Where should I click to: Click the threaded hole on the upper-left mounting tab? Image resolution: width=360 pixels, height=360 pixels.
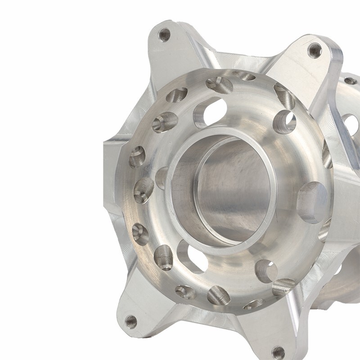point(165,34)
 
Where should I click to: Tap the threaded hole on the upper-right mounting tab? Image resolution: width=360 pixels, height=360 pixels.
point(315,50)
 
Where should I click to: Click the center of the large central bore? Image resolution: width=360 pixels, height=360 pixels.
point(229,189)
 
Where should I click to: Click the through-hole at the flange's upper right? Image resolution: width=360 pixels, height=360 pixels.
point(284,122)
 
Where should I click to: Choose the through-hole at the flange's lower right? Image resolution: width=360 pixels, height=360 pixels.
point(266,270)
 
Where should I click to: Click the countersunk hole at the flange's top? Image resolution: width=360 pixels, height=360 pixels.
point(219,85)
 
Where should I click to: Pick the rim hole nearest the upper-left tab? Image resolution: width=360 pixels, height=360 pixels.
point(177,95)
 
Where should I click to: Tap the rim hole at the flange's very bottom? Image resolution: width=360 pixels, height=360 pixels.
point(219,295)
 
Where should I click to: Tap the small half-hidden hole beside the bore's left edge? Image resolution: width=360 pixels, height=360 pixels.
point(162,177)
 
